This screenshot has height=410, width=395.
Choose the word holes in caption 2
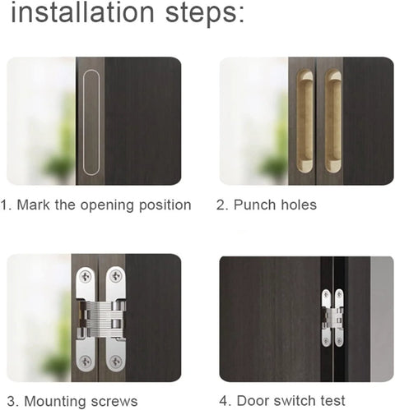coord(298,205)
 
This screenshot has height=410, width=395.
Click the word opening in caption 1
coord(107,205)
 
